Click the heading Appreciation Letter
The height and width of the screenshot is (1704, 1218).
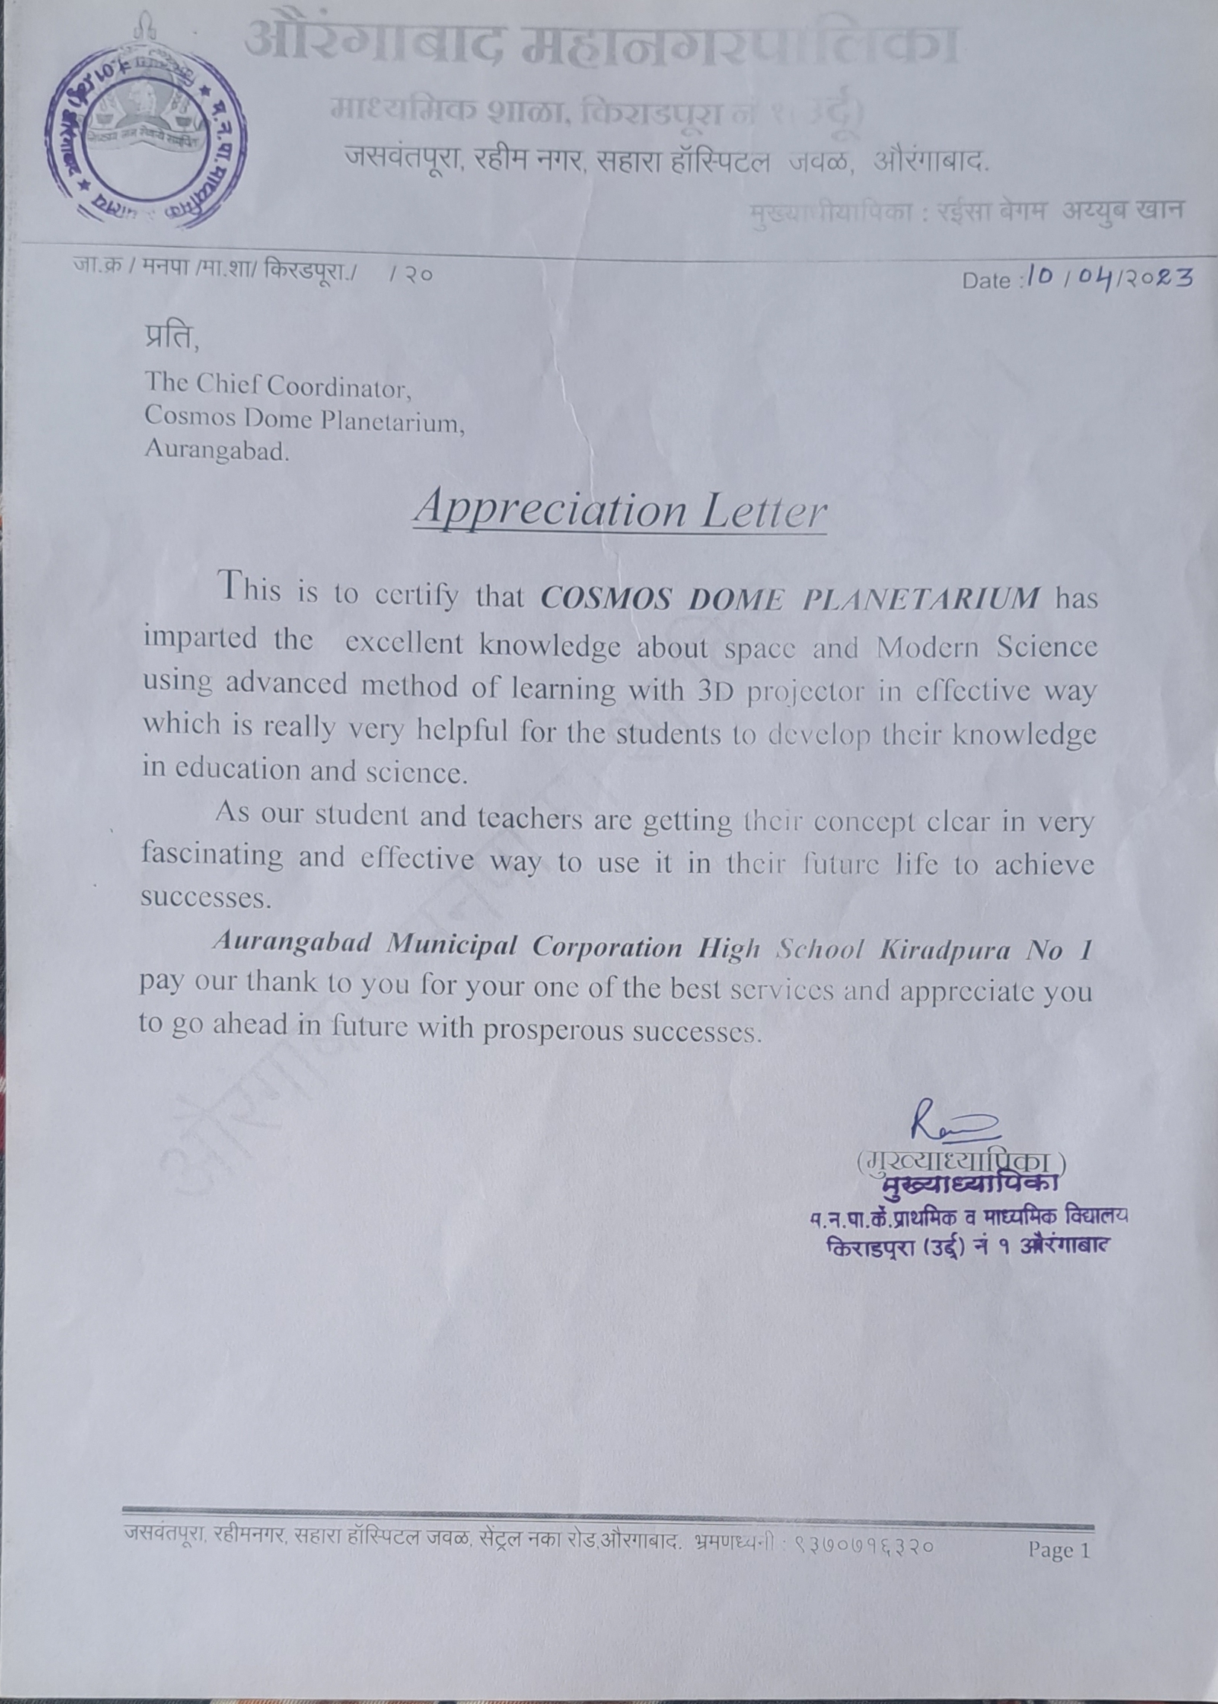[x=619, y=510]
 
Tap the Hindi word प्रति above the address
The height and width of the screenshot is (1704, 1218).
[x=172, y=338]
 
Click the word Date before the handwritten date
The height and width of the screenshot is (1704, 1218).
[x=987, y=281]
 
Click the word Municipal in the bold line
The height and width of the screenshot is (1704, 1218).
[x=451, y=945]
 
